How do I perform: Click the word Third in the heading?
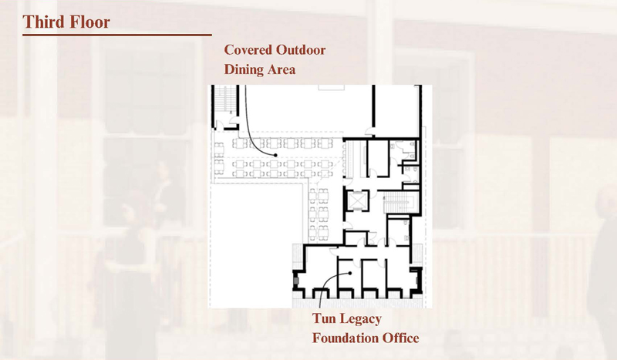click(x=42, y=22)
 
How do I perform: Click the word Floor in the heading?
click(x=88, y=22)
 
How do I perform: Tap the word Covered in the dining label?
click(x=248, y=50)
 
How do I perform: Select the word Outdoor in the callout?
click(x=300, y=50)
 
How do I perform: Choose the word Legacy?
click(x=360, y=319)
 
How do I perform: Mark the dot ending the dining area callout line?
click(x=275, y=155)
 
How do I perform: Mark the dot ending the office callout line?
click(x=350, y=273)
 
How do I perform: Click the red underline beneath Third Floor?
click(x=117, y=35)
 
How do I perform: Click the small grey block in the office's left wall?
click(x=296, y=281)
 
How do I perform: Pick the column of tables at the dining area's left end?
click(x=219, y=158)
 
